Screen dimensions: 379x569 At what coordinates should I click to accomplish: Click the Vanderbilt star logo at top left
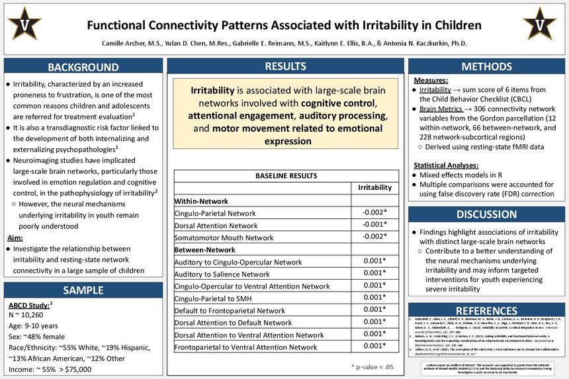coord(24,24)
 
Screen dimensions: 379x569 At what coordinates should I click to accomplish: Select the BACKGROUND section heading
coord(83,67)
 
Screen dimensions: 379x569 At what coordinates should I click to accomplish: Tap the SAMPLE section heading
coord(83,290)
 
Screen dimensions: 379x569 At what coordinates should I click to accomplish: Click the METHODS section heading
coord(486,67)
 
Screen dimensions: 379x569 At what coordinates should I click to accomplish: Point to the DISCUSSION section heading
coord(486,214)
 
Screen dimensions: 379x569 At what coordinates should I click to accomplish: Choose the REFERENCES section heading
coord(486,311)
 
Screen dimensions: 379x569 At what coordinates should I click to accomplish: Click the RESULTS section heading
coord(285,66)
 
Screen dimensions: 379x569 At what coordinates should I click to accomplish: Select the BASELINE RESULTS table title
coord(285,175)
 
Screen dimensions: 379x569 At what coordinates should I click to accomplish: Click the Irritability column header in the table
coord(374,188)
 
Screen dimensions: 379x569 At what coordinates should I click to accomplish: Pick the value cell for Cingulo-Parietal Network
coord(374,213)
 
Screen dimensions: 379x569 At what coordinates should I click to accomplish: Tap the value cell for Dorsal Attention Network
coord(374,226)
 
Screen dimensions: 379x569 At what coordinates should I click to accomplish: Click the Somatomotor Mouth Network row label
coord(224,237)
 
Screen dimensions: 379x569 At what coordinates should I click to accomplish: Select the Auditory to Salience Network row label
coord(222,274)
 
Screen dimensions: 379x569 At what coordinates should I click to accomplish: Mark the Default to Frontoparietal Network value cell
coord(374,310)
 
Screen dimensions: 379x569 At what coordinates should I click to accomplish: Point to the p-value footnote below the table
coord(372,365)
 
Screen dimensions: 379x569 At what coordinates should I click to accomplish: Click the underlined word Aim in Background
coord(17,237)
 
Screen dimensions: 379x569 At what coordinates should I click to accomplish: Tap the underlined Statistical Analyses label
coord(446,165)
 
